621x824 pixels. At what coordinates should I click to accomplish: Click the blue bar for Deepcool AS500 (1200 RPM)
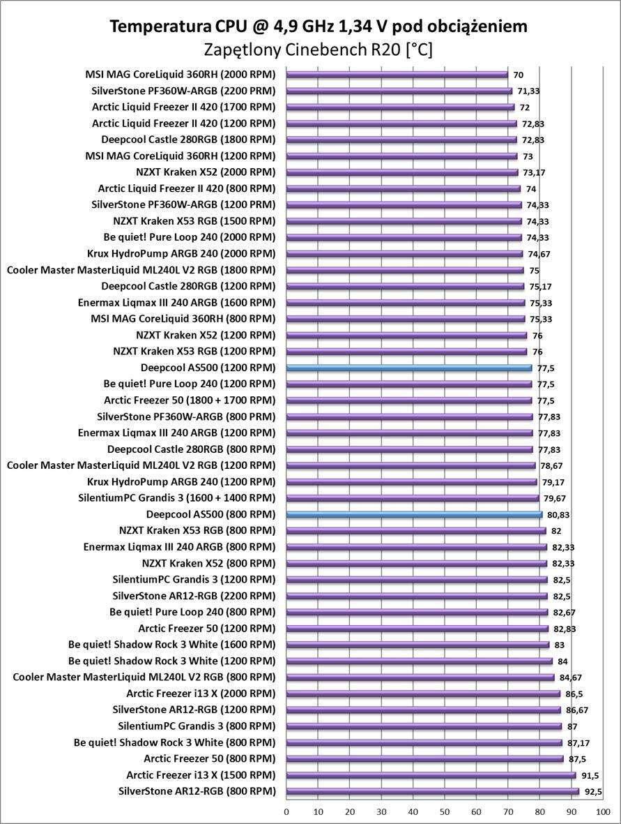(x=409, y=368)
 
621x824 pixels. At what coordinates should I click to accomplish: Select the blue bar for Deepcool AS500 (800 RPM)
(x=414, y=514)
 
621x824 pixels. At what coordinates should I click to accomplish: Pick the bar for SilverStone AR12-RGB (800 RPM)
(x=433, y=791)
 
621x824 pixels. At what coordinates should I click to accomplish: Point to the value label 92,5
(x=593, y=791)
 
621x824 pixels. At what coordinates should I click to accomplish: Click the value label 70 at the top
(x=519, y=75)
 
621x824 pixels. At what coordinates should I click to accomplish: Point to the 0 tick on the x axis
(x=286, y=811)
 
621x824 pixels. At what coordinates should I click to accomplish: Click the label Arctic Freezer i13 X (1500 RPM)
(x=201, y=775)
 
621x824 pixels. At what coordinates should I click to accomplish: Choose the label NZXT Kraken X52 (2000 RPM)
(x=206, y=172)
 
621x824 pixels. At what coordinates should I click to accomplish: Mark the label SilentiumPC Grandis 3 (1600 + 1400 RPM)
(x=178, y=498)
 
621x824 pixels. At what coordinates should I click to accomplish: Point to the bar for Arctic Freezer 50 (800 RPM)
(x=425, y=758)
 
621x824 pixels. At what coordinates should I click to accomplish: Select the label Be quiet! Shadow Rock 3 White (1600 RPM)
(x=171, y=645)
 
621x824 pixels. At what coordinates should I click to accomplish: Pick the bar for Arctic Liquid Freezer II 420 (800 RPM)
(x=404, y=188)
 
